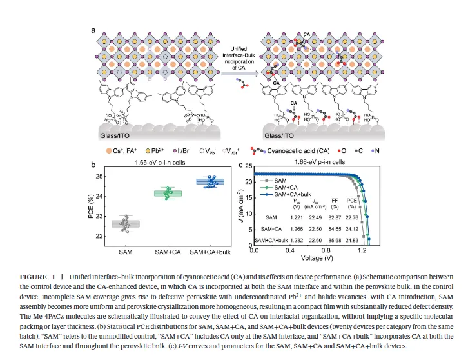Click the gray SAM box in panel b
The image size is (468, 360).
click(130, 223)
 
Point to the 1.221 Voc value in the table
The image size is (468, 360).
click(297, 219)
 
